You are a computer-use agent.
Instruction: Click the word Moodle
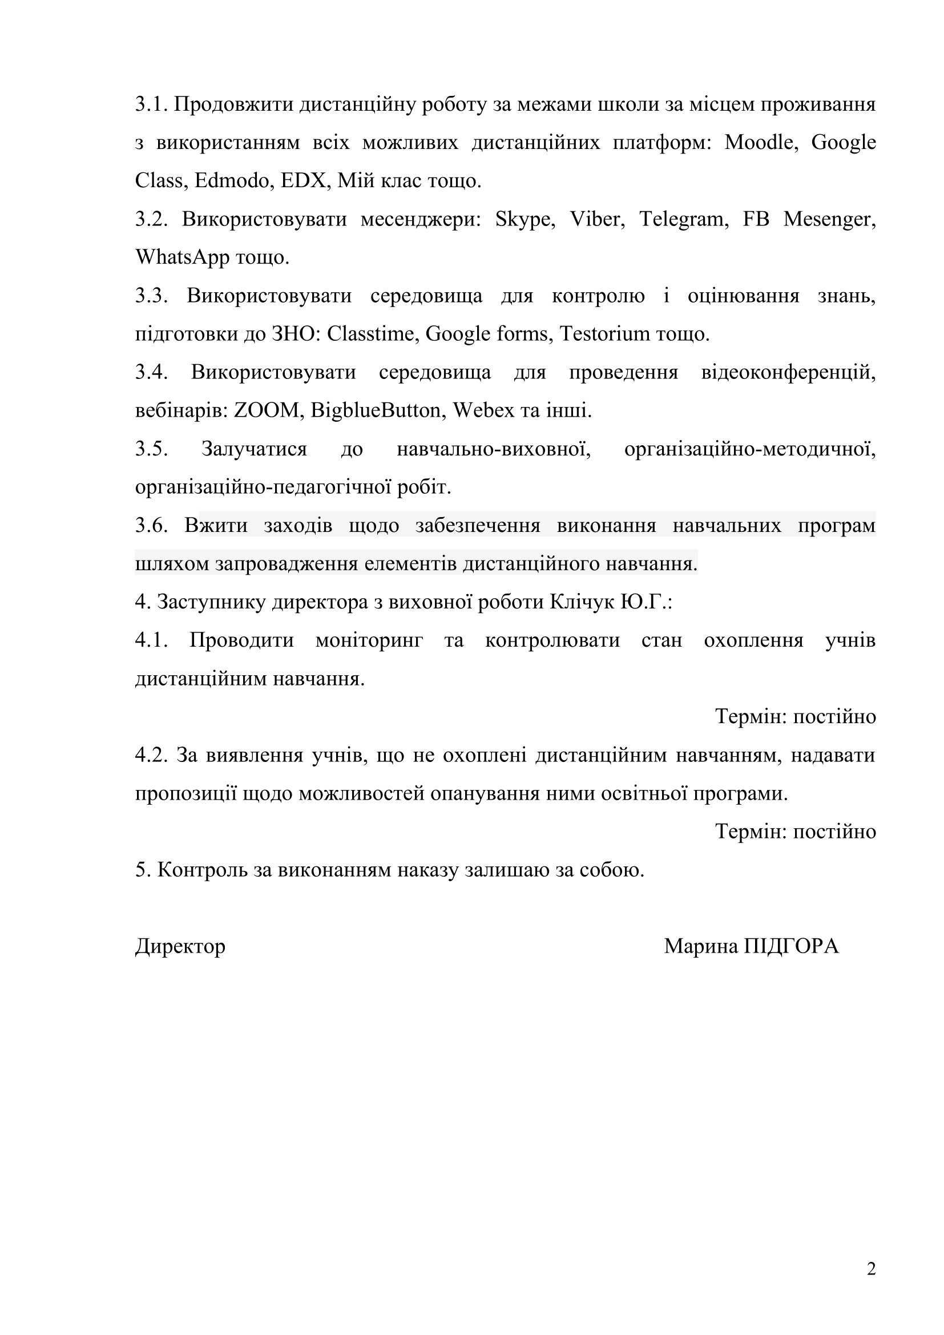[759, 143]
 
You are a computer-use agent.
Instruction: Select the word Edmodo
[231, 181]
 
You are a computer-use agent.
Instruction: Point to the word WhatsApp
[182, 257]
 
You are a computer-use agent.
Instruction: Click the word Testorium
[604, 334]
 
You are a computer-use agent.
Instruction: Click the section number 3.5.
[151, 449]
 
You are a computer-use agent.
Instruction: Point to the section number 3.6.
[151, 526]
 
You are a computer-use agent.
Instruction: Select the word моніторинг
[369, 642]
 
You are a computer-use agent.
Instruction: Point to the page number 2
[871, 1269]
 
